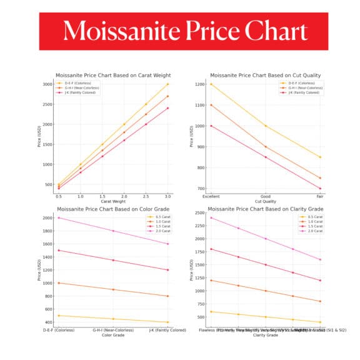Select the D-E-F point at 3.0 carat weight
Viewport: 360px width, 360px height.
[167, 84]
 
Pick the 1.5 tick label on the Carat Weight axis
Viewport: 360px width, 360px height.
[102, 196]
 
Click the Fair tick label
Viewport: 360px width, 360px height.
[320, 196]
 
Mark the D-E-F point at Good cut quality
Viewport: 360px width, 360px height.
[266, 126]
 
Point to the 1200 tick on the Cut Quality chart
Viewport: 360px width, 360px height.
[199, 84]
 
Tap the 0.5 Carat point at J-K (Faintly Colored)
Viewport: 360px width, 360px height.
[167, 322]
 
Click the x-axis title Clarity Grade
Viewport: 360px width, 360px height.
[265, 336]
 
